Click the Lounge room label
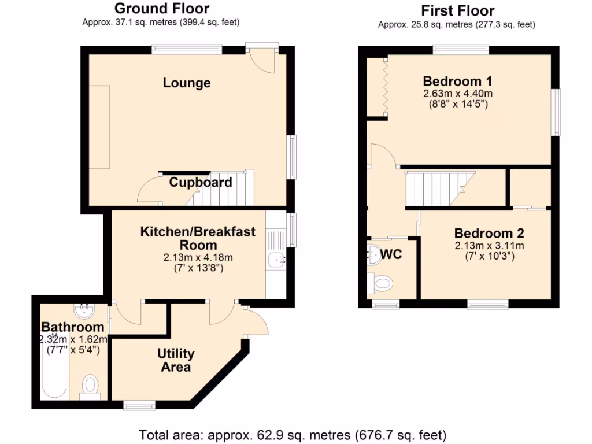click(186, 83)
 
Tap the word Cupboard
click(201, 183)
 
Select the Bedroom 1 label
click(457, 80)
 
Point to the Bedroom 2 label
click(489, 234)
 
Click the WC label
click(391, 254)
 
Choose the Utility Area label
click(176, 360)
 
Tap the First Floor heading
click(457, 10)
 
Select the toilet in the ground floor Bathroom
click(90, 386)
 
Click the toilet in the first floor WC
click(382, 283)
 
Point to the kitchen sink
click(276, 261)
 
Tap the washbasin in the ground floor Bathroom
click(85, 312)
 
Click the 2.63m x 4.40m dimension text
click(457, 94)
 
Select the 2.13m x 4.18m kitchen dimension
click(198, 257)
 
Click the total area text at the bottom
click(293, 434)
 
